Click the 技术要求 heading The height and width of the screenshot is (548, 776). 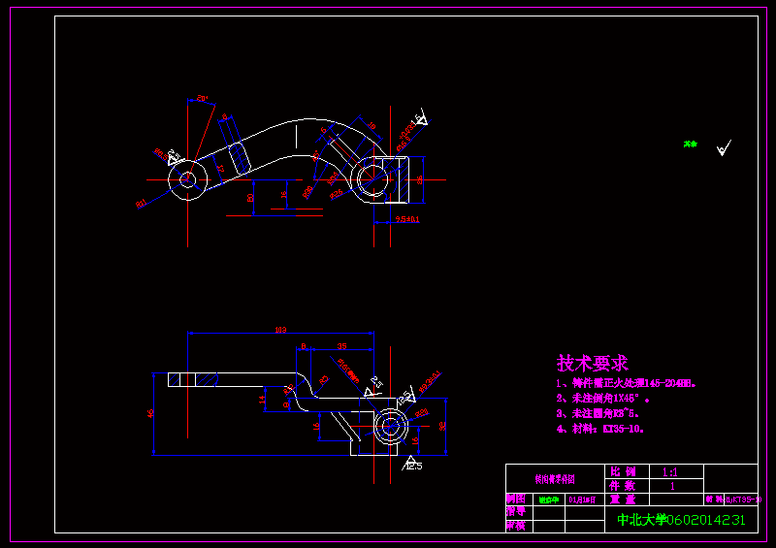592,364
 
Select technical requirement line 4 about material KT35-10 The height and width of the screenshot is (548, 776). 601,428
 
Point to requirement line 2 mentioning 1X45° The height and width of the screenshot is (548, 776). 602,398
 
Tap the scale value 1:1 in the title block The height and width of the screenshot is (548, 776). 669,471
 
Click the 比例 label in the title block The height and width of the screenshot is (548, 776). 622,471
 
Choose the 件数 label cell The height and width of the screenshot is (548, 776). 622,485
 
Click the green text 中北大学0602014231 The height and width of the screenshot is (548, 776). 682,520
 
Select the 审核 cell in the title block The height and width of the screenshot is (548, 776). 515,525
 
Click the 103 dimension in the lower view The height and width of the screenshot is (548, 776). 280,331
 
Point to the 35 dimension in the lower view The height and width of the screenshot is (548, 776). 341,345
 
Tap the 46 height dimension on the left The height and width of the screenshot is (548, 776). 150,412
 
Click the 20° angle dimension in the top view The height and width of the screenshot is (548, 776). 202,98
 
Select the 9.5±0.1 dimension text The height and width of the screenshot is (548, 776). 407,220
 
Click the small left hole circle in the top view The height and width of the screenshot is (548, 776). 186,178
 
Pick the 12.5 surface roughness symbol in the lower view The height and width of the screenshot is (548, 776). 412,465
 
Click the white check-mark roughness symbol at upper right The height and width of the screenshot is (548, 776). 723,148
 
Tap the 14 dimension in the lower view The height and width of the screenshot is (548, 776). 261,398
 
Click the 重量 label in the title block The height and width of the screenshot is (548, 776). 622,499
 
